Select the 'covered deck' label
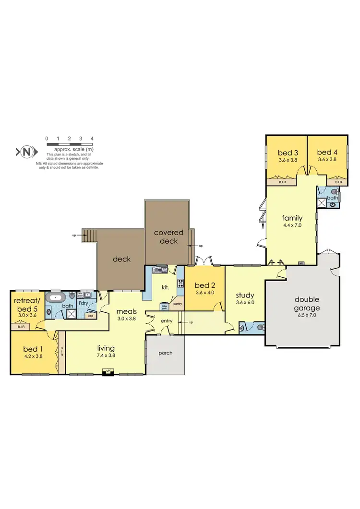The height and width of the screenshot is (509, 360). (x=168, y=237)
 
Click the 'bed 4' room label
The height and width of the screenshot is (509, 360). (x=325, y=153)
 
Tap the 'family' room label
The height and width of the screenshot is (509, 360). (x=292, y=218)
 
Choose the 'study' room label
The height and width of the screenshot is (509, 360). (x=245, y=295)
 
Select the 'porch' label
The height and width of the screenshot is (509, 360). (x=165, y=353)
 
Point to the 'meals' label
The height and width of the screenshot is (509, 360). (x=127, y=311)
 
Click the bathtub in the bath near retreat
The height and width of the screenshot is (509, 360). (x=57, y=297)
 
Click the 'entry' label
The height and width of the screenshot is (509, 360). (x=167, y=320)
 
